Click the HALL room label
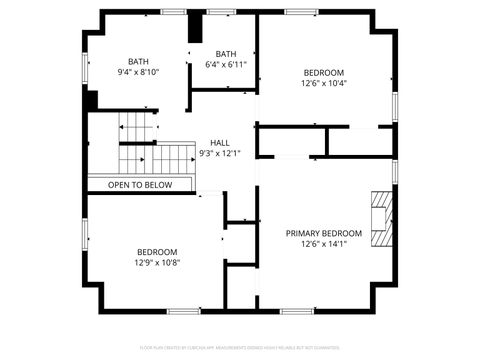tap(220, 142)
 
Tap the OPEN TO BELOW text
tap(140, 185)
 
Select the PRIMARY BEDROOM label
tap(323, 233)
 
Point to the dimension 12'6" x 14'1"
tap(323, 244)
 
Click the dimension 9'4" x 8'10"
tap(138, 72)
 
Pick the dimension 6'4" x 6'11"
tap(225, 65)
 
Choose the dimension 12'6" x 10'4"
tap(323, 84)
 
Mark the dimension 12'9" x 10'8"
tap(157, 263)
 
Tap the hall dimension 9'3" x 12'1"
tap(220, 153)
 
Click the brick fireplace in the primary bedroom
tap(381, 218)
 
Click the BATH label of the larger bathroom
tap(138, 61)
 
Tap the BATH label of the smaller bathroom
tap(226, 54)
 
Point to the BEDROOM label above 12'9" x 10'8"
tap(157, 252)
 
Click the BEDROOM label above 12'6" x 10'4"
tap(323, 73)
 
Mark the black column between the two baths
tap(195, 28)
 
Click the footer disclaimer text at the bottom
tap(240, 347)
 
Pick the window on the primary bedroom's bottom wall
tap(296, 311)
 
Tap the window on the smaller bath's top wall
tap(222, 11)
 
